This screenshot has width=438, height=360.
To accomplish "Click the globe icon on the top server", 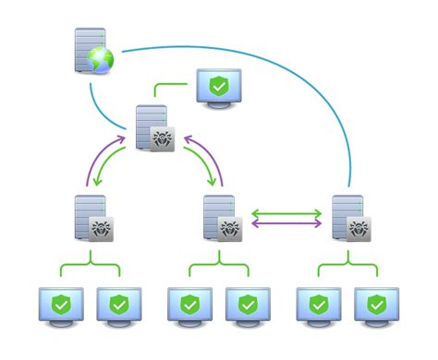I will pos(99,61).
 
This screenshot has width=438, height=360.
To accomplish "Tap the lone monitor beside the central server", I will pos(218,89).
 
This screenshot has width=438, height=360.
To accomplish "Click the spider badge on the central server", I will pos(163,138).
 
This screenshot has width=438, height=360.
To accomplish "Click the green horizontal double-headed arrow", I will pos(287,214).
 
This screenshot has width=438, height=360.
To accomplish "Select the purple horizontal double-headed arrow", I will pos(287,224).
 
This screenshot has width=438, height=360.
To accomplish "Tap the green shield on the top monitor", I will pos(219,86).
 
